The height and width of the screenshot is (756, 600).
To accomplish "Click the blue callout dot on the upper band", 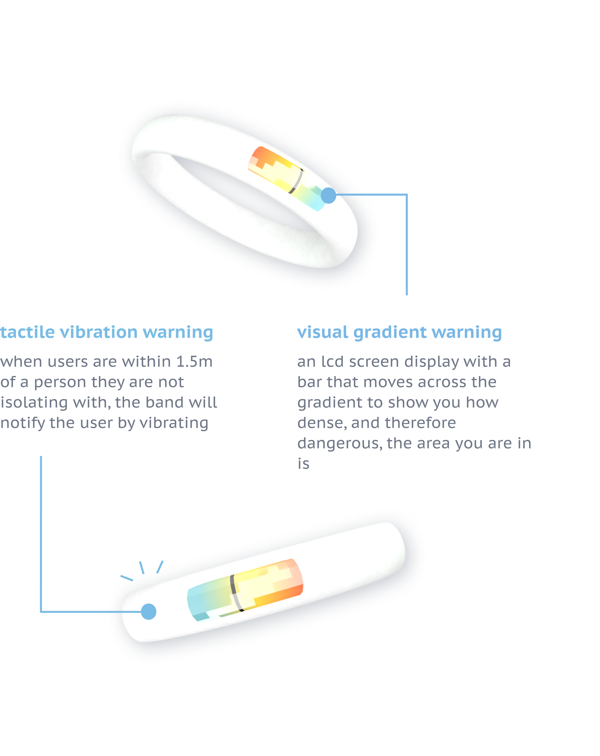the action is coord(328,195).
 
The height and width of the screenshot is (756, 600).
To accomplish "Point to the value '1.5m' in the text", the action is coord(194,361).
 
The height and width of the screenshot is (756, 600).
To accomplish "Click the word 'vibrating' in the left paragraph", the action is coord(174,423).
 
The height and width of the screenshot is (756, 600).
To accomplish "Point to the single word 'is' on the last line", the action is coord(303,464).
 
